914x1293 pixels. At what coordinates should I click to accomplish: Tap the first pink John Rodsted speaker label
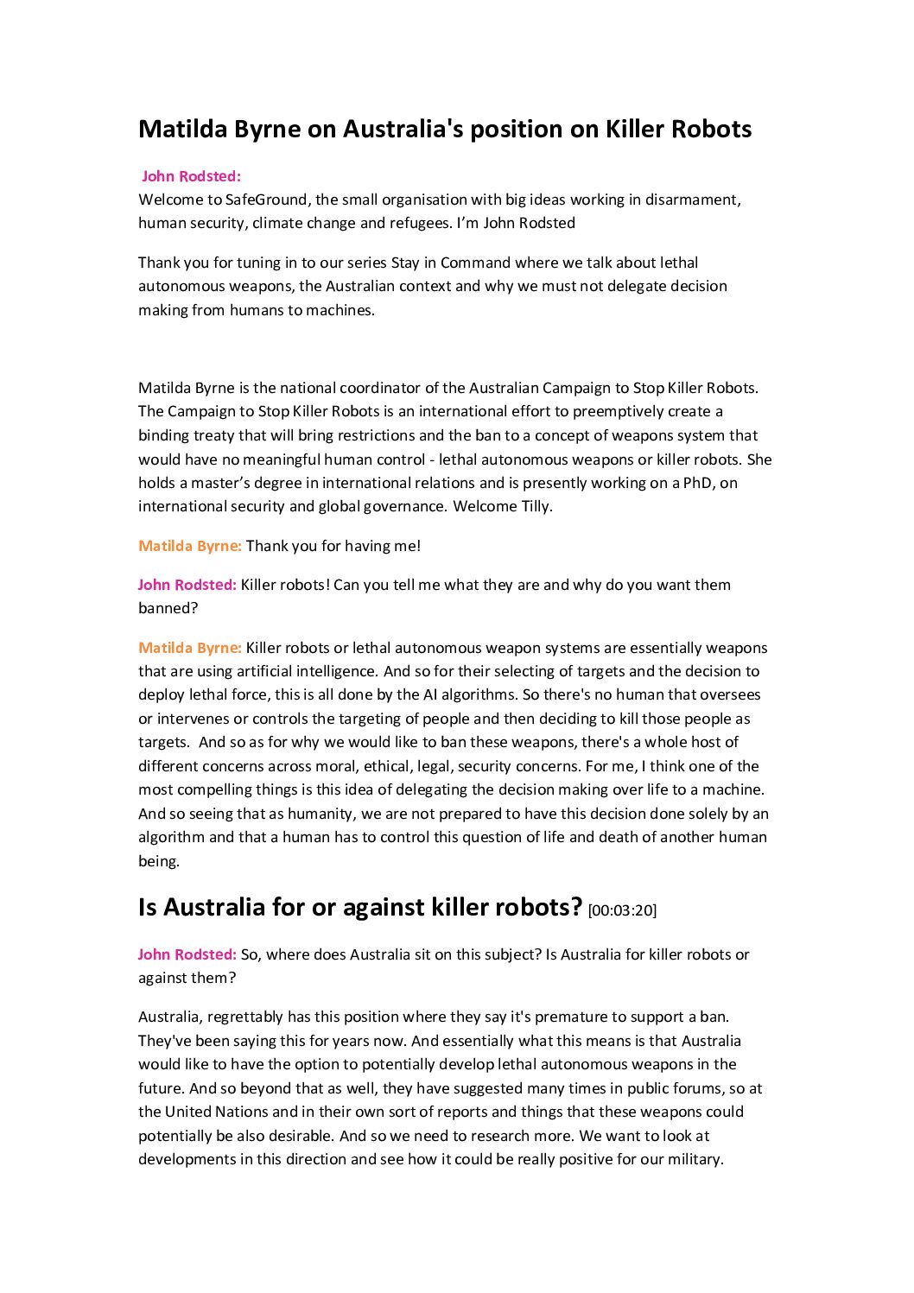coord(191,176)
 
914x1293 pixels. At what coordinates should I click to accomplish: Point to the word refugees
coord(420,223)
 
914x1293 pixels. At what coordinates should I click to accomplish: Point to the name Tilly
coord(536,506)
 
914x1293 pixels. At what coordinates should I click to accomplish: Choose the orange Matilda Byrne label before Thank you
coord(190,546)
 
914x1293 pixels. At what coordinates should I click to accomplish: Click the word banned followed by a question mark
coord(164,608)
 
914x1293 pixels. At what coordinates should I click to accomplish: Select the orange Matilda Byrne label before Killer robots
coord(190,648)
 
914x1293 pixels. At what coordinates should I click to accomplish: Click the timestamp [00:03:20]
coord(622,910)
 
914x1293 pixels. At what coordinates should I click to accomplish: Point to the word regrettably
coord(248,1017)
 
